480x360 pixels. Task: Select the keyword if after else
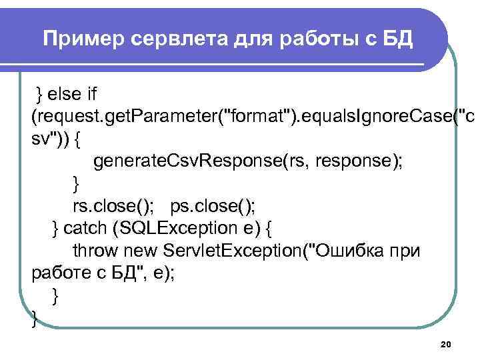click(91, 91)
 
